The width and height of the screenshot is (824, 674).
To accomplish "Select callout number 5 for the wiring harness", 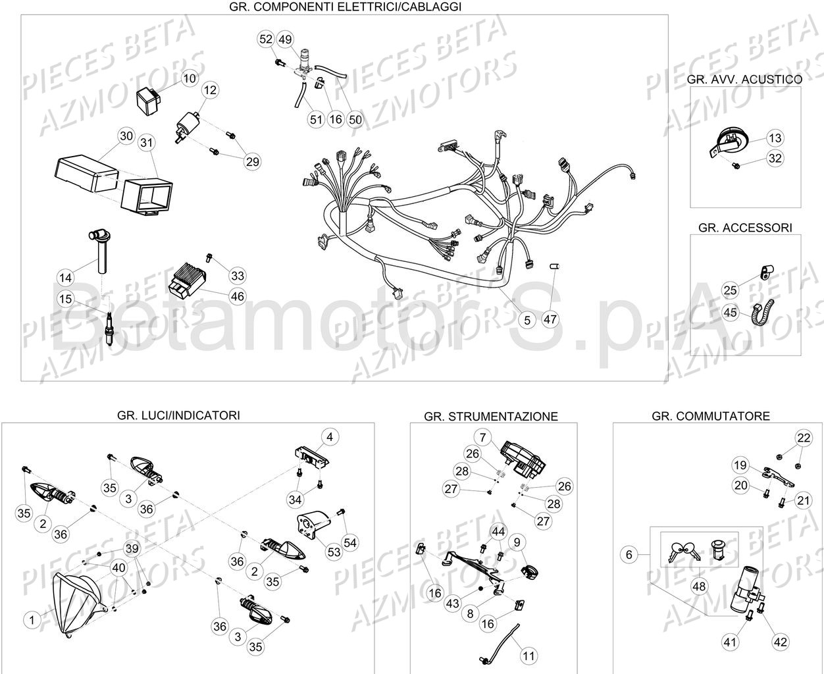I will pos(527,320).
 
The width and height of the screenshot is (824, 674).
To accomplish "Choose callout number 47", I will pos(550,320).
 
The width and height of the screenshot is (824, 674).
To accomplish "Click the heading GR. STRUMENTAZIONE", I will pos(491,417).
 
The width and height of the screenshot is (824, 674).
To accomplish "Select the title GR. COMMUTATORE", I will pos(710,416).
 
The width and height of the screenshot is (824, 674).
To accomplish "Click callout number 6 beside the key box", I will pos(629,555).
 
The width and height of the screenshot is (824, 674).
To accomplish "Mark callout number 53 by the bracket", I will pos(334,552).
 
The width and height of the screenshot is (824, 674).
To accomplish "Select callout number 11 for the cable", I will pos(529,656).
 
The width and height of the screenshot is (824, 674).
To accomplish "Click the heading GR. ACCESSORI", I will pos(745,228).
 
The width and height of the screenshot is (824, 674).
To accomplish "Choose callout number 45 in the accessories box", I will pos(730,313).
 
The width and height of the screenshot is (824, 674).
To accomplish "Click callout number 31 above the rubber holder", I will pos(146,142).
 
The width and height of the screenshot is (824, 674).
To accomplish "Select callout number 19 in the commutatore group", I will pos(740,465).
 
